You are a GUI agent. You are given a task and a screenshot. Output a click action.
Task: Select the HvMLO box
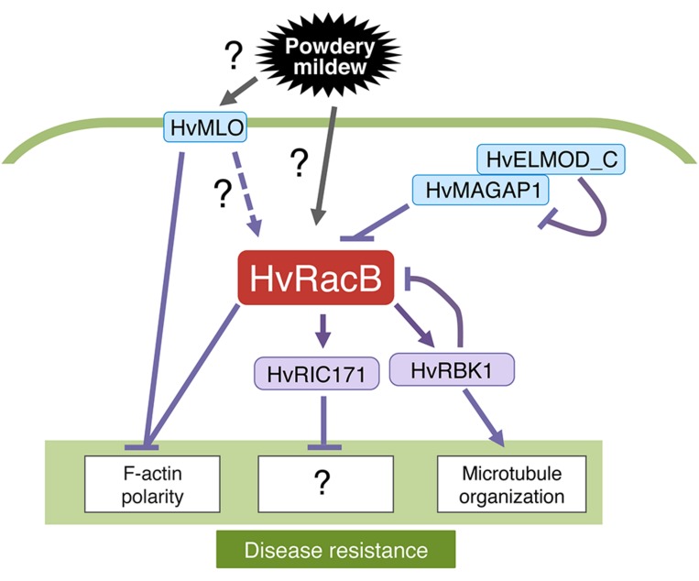tap(206, 127)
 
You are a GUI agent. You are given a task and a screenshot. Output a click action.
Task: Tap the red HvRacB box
tap(317, 276)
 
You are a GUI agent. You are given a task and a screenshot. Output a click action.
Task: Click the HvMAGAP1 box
tap(469, 192)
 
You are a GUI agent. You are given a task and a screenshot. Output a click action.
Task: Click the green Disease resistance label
tap(335, 550)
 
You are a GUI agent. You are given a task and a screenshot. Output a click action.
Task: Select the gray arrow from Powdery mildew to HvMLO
tap(234, 92)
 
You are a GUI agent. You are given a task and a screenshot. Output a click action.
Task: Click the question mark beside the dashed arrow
tap(222, 193)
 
